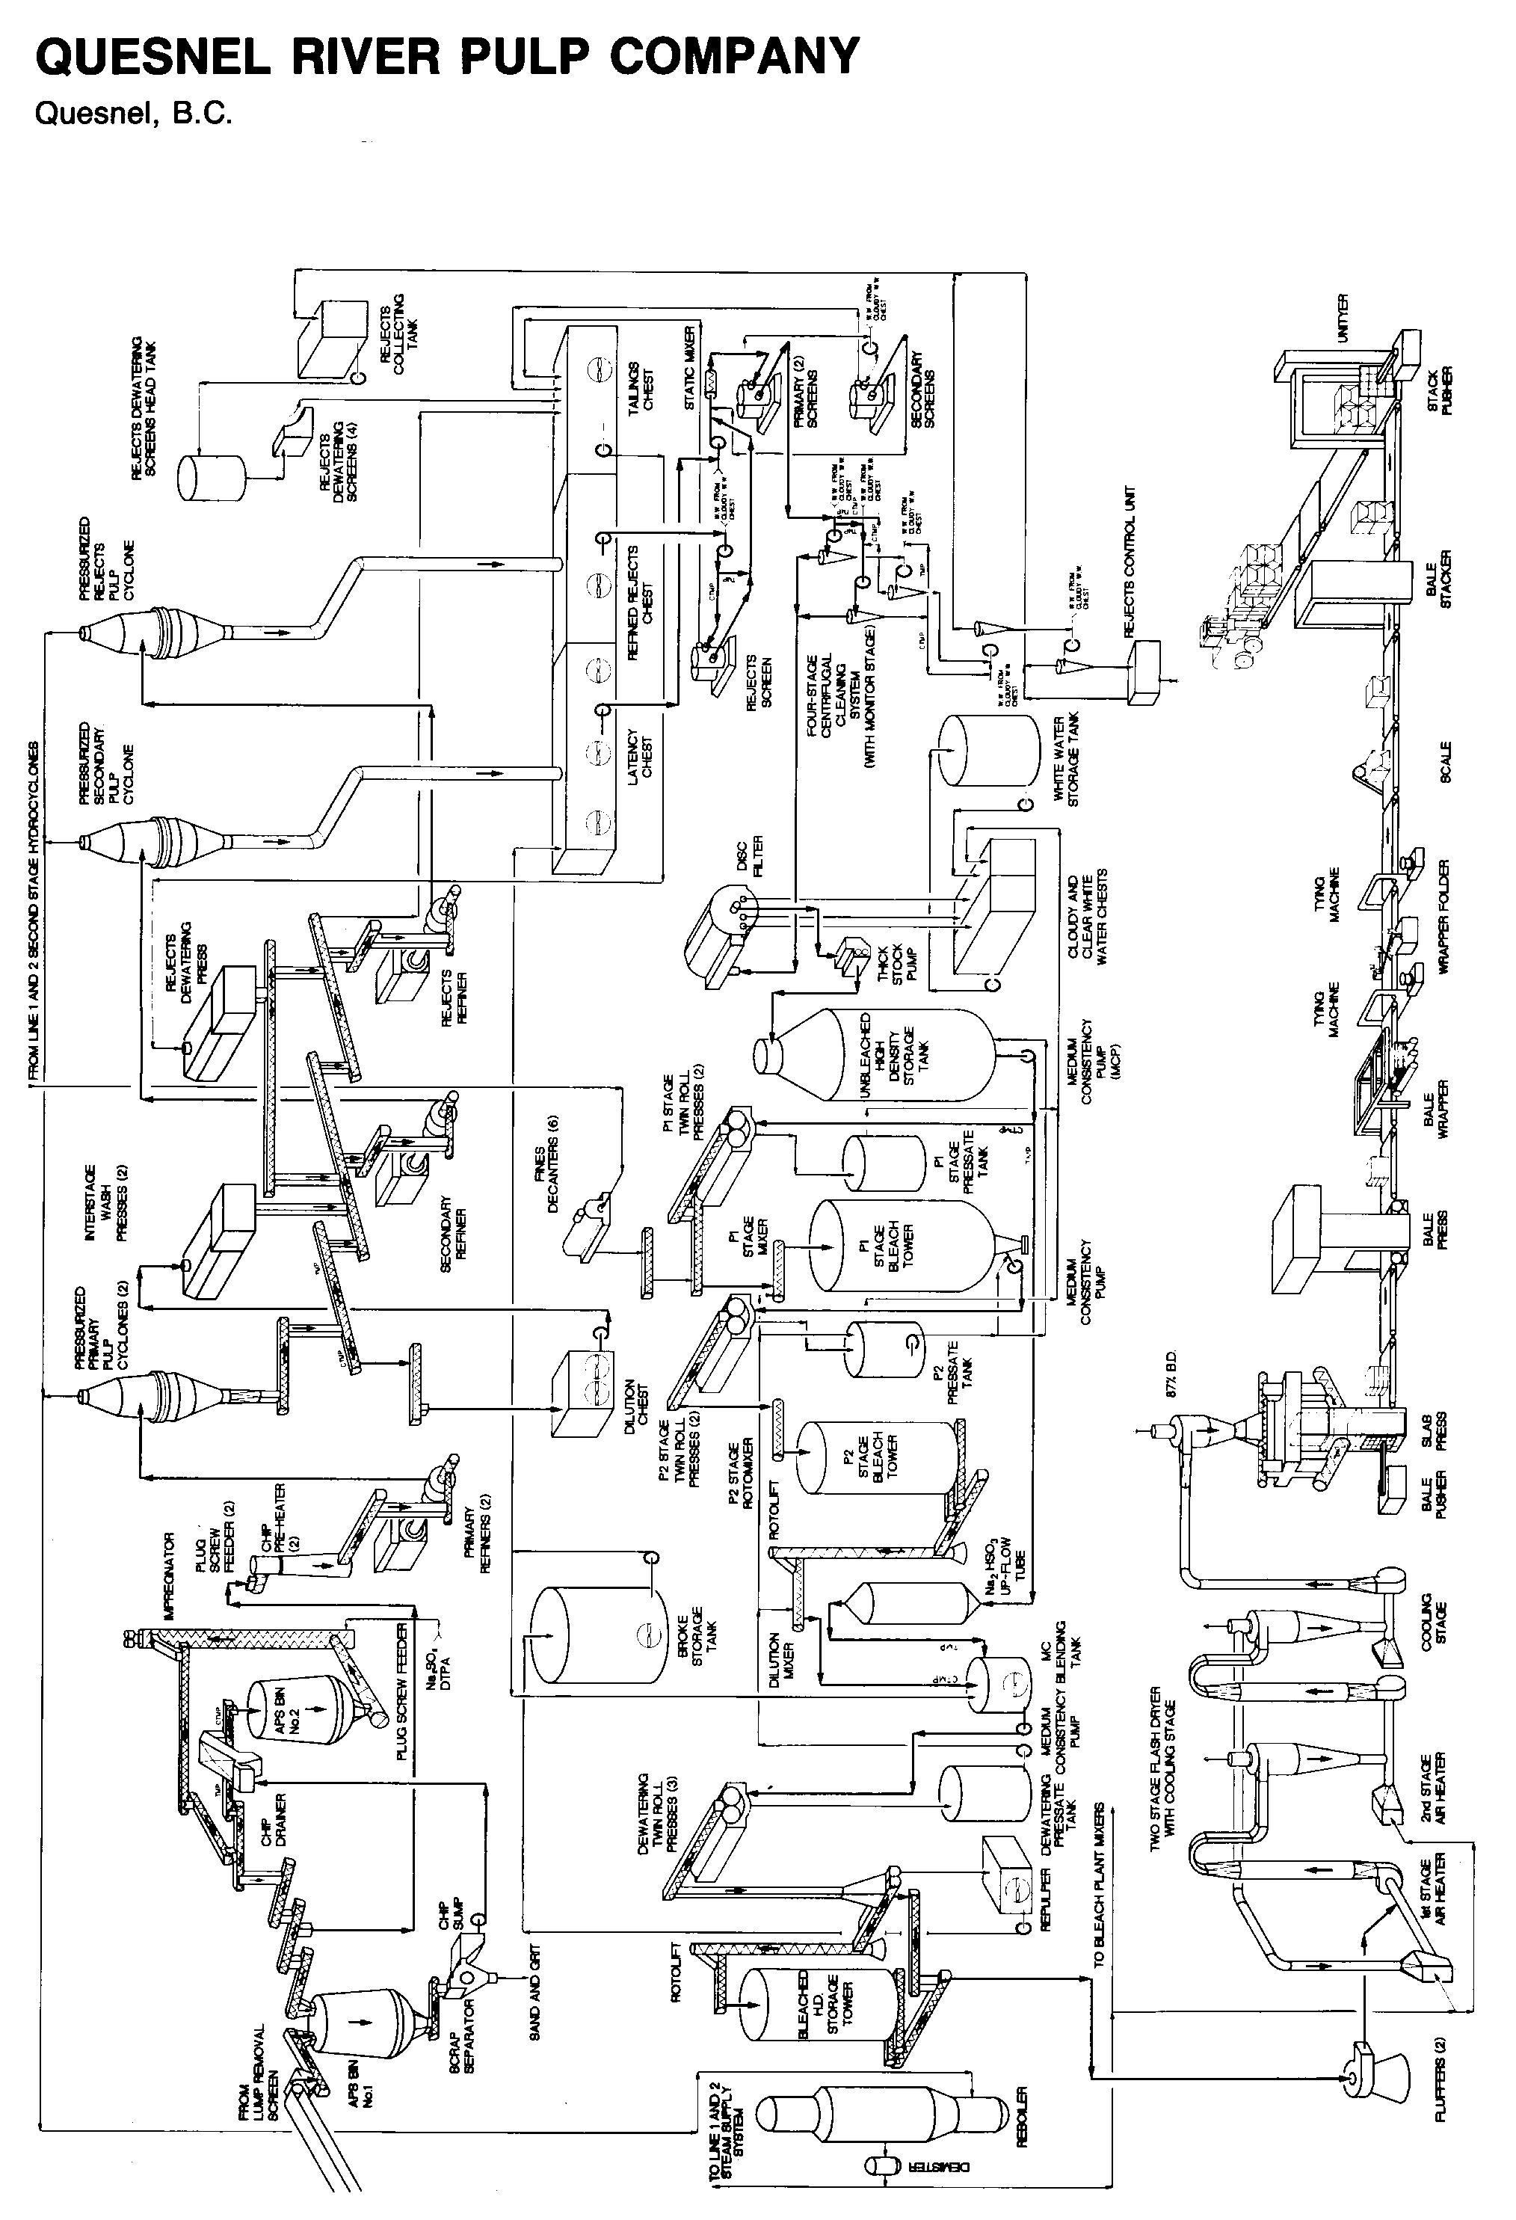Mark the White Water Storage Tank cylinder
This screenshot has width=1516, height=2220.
(990, 750)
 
